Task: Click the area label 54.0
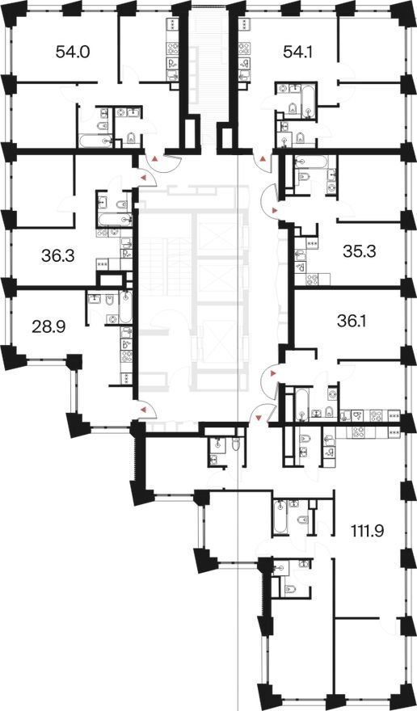pos(73,52)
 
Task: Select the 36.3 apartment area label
pos(57,256)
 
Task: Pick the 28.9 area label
pos(48,326)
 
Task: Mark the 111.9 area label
pos(368,530)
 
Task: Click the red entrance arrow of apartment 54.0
pos(155,159)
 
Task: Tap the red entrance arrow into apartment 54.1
pos(263,159)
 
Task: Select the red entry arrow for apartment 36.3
pos(144,179)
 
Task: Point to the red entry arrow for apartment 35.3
pos(274,210)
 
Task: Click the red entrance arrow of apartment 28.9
pos(143,410)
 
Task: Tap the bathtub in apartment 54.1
pos(309,101)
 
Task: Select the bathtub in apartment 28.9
pos(126,308)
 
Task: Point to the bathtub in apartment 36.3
pos(114,221)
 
